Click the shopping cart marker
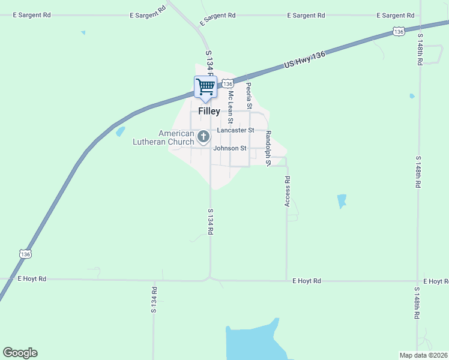tap(205, 88)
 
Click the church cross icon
tap(203, 137)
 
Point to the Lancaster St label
tap(235, 130)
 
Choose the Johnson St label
tap(231, 148)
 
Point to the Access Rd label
tap(288, 191)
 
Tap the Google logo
tap(20, 353)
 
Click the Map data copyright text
tap(423, 355)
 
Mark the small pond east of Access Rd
tap(342, 200)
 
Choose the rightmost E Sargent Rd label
tap(395, 15)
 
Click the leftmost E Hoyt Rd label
tap(32, 278)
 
